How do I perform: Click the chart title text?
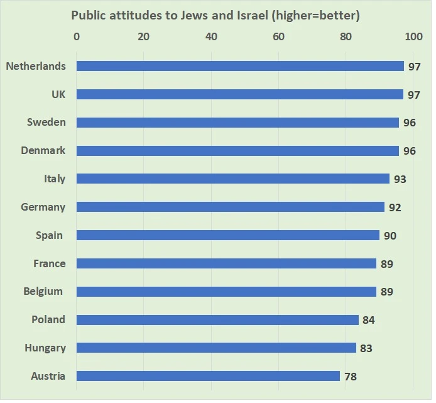click(215, 14)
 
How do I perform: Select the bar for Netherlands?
click(240, 66)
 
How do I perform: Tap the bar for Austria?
click(208, 376)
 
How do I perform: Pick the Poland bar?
click(217, 320)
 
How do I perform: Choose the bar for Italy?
click(233, 179)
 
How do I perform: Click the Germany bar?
click(231, 207)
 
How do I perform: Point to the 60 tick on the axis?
click(278, 36)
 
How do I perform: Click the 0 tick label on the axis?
click(77, 36)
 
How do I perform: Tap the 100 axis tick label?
click(413, 36)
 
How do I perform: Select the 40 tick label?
click(211, 36)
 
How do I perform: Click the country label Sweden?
click(46, 122)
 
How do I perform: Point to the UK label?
click(58, 94)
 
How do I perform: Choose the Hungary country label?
click(45, 348)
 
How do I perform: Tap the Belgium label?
click(43, 291)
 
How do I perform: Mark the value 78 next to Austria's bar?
click(351, 377)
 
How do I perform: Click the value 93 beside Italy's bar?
click(400, 179)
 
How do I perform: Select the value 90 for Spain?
click(390, 235)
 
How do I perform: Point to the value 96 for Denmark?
click(409, 151)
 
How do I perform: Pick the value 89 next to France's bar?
click(386, 263)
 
